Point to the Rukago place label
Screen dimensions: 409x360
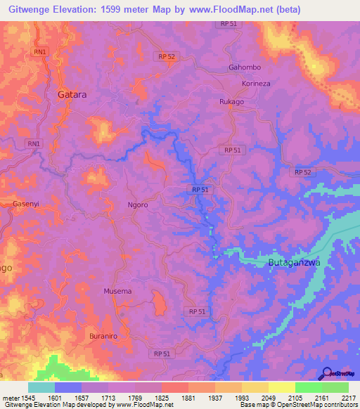(231, 101)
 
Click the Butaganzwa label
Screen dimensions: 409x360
(294, 263)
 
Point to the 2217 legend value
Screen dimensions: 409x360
(349, 397)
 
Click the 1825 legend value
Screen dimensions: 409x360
(161, 397)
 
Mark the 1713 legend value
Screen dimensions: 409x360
(108, 397)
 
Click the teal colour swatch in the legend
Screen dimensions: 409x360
(41, 387)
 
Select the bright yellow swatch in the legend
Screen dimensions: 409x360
(282, 387)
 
